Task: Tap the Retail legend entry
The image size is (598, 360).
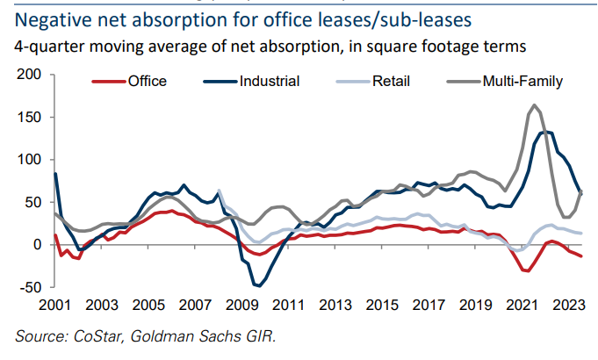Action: pyautogui.click(x=392, y=82)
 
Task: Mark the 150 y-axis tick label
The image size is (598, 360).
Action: pyautogui.click(x=30, y=117)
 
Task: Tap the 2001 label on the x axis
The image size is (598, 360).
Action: pyautogui.click(x=54, y=304)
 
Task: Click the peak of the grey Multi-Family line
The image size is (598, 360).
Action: pyautogui.click(x=535, y=105)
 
